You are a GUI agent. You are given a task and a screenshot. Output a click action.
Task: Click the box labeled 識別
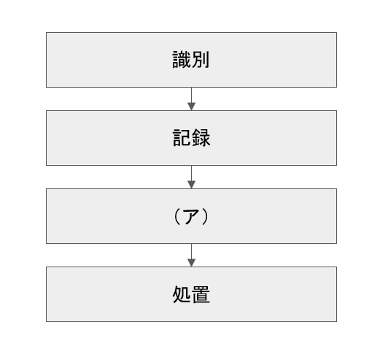tap(191, 60)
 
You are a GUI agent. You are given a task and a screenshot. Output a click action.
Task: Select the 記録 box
tap(191, 138)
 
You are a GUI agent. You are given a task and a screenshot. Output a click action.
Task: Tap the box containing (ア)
tap(191, 216)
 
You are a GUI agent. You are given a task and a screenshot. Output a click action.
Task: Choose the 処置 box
tap(191, 294)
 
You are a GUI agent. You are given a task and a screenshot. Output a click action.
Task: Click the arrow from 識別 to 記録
tap(191, 99)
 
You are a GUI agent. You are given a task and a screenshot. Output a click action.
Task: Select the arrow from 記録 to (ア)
tap(191, 177)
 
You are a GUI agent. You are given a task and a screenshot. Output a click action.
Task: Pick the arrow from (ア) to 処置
tap(191, 255)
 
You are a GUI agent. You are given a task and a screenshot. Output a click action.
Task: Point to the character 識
tap(182, 60)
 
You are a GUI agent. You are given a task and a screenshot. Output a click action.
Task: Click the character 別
tap(201, 60)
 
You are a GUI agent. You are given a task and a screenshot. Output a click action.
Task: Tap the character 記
tap(182, 138)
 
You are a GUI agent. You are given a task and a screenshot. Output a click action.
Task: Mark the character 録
tap(201, 138)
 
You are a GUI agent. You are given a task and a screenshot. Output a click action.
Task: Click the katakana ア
tap(191, 217)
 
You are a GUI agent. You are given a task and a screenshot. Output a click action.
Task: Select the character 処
tap(182, 294)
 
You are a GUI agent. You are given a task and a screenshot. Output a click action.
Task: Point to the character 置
tap(201, 294)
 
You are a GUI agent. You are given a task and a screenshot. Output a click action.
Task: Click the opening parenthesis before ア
tap(177, 216)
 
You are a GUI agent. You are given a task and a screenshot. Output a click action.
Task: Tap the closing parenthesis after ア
tap(205, 216)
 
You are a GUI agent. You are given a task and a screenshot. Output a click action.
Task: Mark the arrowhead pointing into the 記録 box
tap(191, 107)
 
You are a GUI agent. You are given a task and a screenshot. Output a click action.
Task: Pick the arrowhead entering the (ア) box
tap(191, 185)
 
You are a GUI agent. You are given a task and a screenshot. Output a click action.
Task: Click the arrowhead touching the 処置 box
tap(191, 263)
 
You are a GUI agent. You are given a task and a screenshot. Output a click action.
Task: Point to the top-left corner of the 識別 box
tap(46, 32)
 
